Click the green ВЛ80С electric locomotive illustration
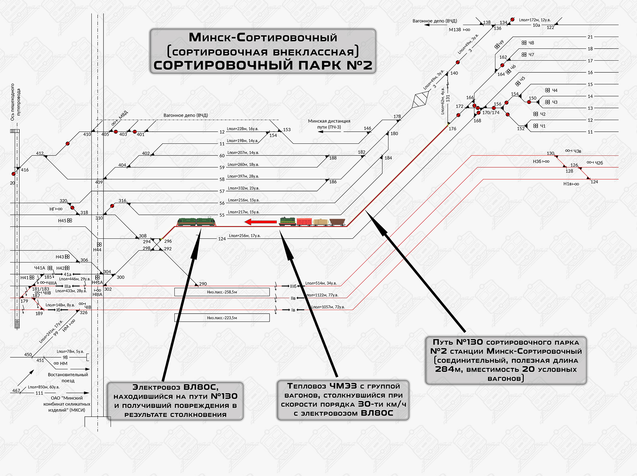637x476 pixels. [x=196, y=221]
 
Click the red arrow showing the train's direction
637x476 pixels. [x=261, y=222]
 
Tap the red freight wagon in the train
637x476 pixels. [x=304, y=221]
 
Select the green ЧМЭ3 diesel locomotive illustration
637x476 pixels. [x=287, y=221]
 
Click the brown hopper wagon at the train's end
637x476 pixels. [x=337, y=221]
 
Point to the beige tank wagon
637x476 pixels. [x=320, y=222]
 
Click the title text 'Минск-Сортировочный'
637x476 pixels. [x=263, y=37]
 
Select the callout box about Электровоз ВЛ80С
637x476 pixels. [x=175, y=401]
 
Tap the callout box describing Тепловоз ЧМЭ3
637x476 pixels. [x=343, y=400]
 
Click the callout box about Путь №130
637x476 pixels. [x=506, y=360]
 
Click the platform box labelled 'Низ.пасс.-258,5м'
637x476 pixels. [x=222, y=292]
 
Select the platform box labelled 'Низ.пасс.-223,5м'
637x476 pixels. [x=222, y=318]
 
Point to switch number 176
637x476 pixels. [x=452, y=129]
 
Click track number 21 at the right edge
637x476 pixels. [x=590, y=37]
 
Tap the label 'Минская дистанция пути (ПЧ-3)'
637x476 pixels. [x=329, y=124]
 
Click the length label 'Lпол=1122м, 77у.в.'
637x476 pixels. [x=323, y=295]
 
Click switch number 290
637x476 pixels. [x=203, y=284]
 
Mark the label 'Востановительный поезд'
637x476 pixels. [x=68, y=378]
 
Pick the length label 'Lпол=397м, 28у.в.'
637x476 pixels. [x=243, y=176]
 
